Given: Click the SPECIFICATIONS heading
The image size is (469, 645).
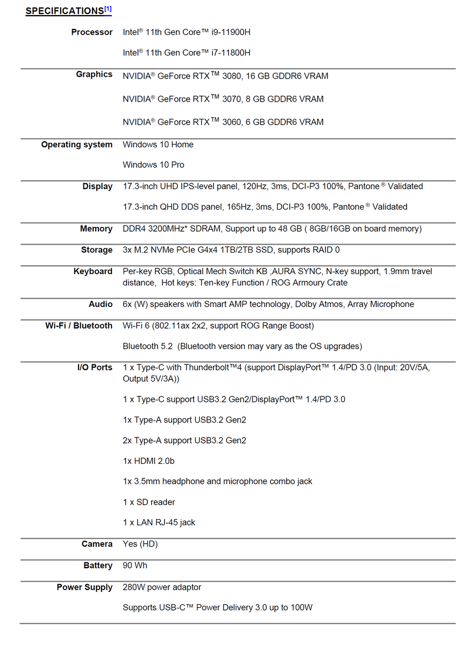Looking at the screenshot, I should pyautogui.click(x=65, y=11).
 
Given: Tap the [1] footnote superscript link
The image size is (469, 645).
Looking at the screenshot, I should pyautogui.click(x=108, y=9).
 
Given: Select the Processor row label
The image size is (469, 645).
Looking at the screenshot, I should pyautogui.click(x=92, y=32).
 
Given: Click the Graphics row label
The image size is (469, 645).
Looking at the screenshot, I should pyautogui.click(x=94, y=74).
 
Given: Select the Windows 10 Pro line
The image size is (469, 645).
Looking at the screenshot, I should pyautogui.click(x=153, y=165).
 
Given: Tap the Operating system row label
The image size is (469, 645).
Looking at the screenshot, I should pyautogui.click(x=77, y=145).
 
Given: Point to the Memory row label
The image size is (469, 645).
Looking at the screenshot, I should pyautogui.click(x=96, y=229).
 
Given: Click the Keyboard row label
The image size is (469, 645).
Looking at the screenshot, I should pyautogui.click(x=93, y=271).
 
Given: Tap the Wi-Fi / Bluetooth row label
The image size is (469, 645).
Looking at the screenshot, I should pyautogui.click(x=79, y=326).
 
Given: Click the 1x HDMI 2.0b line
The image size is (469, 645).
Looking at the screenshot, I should pyautogui.click(x=148, y=461).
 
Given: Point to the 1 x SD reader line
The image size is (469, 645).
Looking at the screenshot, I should pyautogui.click(x=149, y=502).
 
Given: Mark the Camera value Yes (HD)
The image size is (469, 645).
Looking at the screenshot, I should pyautogui.click(x=140, y=544).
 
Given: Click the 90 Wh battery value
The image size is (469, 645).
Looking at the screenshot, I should pyautogui.click(x=135, y=565).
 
